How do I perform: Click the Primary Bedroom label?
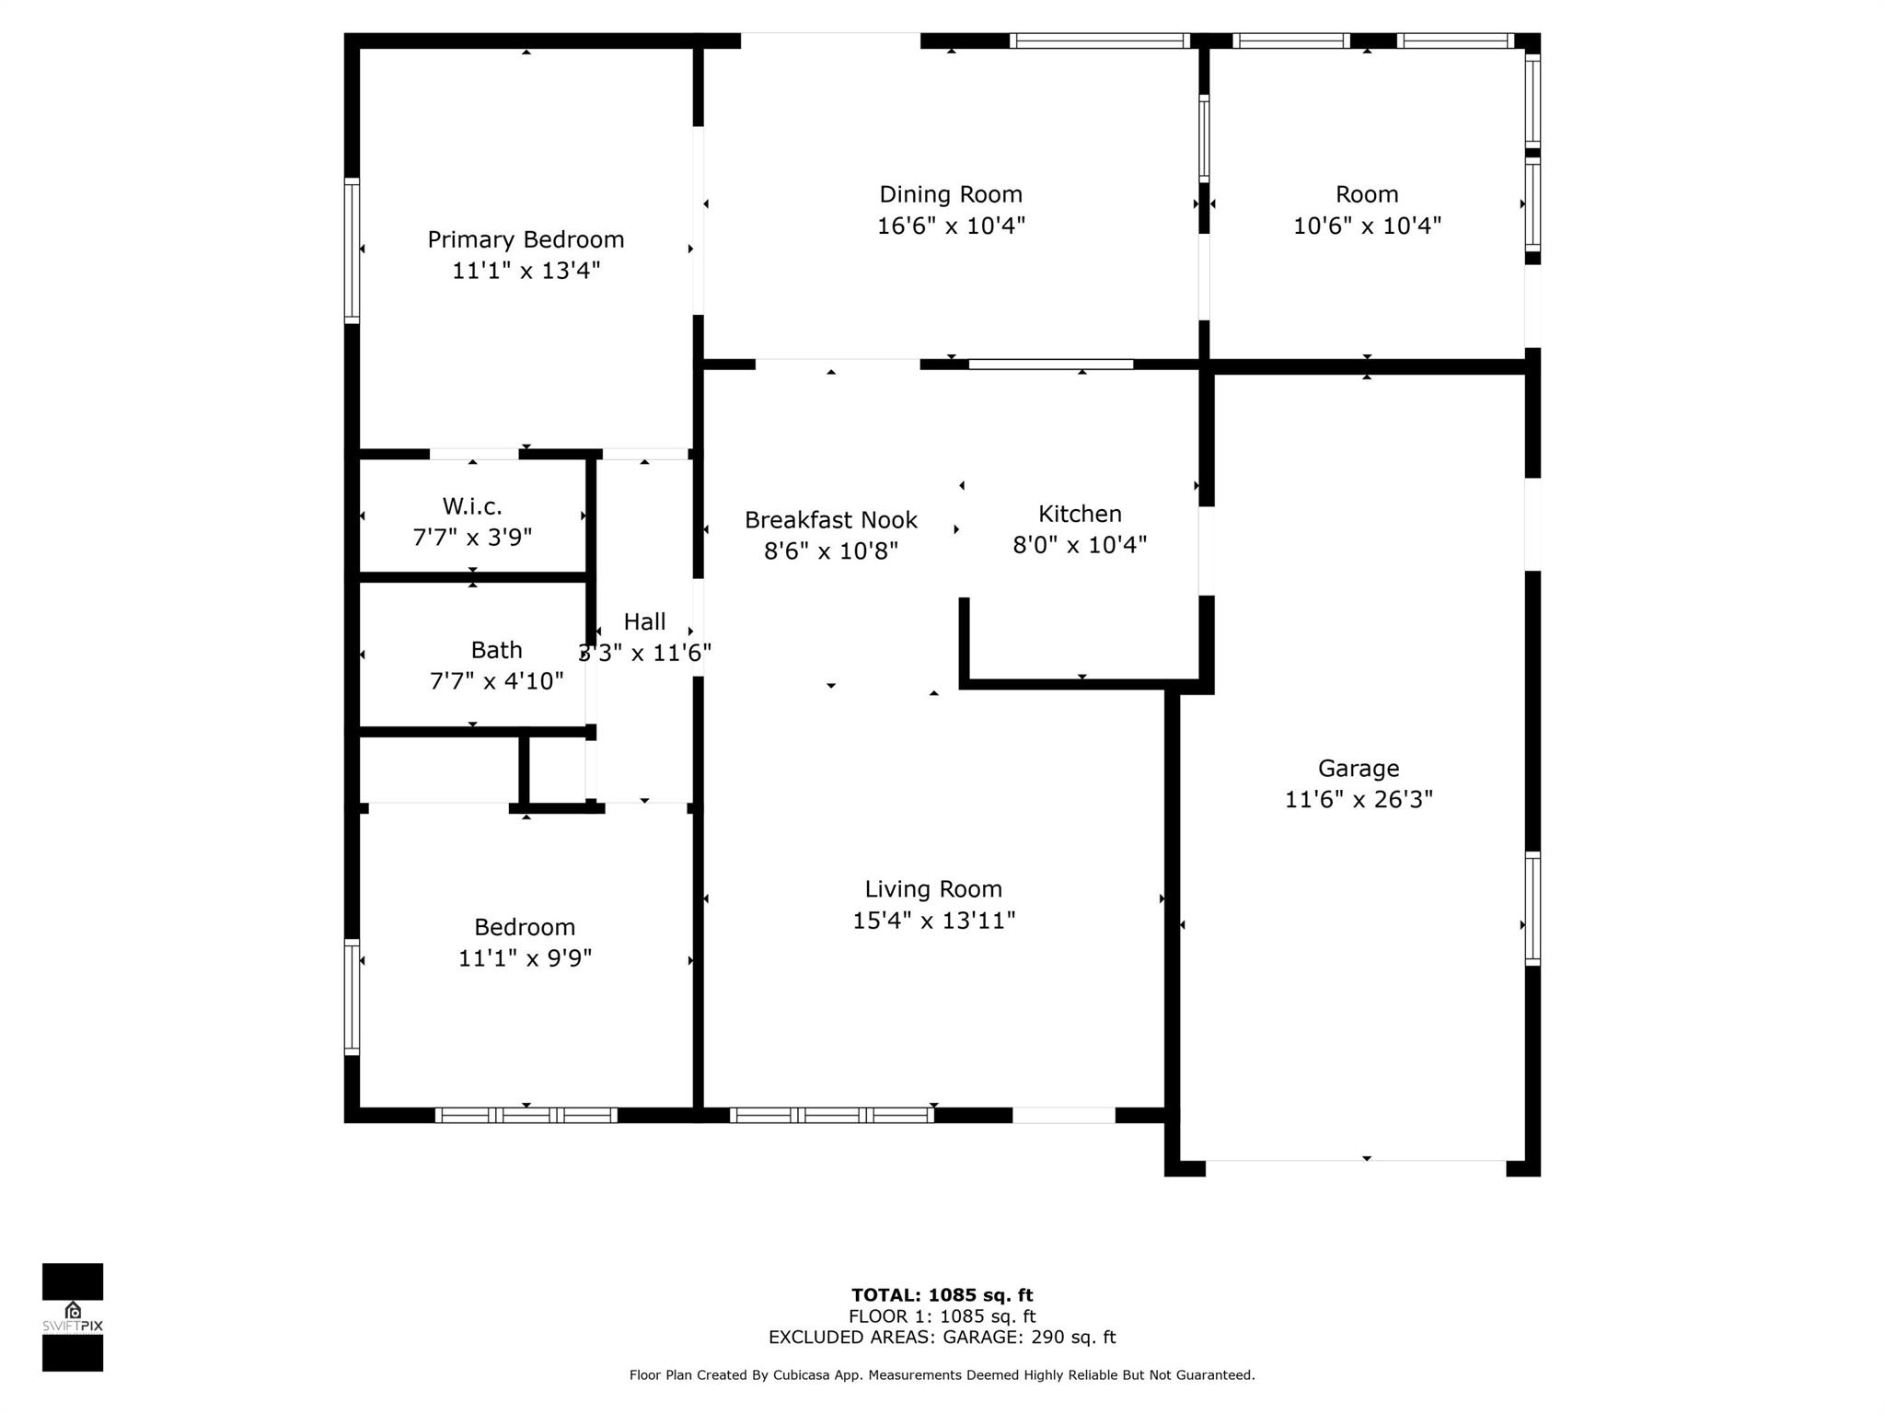tap(526, 239)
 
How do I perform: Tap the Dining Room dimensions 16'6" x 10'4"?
tap(951, 226)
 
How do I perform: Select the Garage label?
tap(1359, 769)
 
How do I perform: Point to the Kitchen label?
tap(1080, 514)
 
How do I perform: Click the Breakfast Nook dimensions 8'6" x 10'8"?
tap(831, 551)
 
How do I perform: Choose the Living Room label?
tap(933, 889)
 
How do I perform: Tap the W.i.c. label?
tap(472, 506)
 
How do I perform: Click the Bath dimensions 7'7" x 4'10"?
tap(496, 681)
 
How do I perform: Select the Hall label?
tap(644, 621)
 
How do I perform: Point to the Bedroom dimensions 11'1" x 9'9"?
tap(525, 958)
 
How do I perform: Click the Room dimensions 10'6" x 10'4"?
tap(1367, 226)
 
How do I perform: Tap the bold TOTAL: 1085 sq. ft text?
tap(942, 1296)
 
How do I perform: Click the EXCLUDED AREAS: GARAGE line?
tap(942, 1338)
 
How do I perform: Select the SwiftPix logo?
tap(73, 1317)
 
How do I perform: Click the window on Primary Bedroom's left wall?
tap(352, 250)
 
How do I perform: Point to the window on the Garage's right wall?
tap(1532, 909)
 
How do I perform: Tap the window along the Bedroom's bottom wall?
tap(526, 1116)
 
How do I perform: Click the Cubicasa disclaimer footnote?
tap(942, 1375)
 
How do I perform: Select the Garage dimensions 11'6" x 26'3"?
tap(1359, 800)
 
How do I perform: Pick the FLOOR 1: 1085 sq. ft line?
tap(942, 1317)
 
